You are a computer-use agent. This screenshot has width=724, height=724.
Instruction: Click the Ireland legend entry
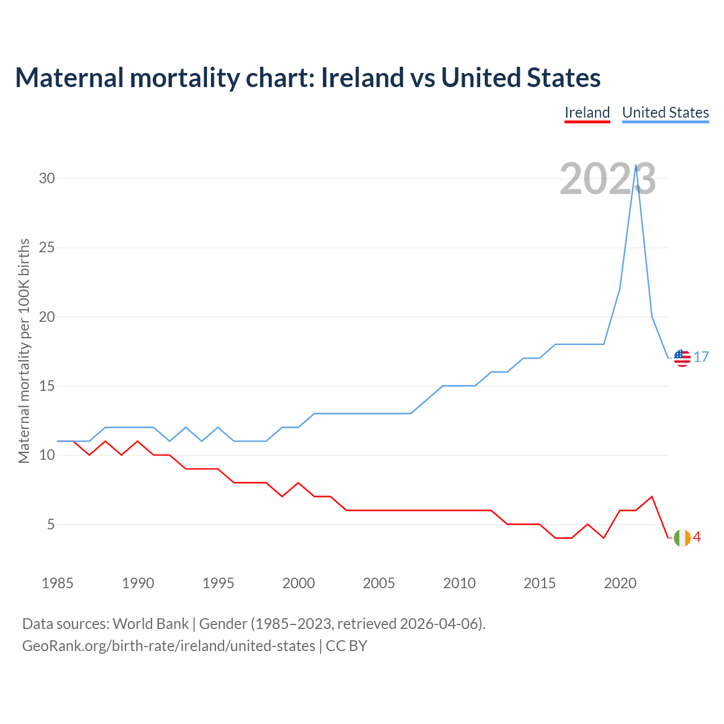pos(587,113)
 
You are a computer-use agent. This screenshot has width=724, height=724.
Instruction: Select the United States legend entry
pos(665,113)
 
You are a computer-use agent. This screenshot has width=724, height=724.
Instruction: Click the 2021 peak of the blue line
pos(636,165)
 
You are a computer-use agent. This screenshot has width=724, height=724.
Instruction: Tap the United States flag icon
pos(682,358)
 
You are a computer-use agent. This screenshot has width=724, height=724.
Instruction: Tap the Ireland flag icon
pos(682,538)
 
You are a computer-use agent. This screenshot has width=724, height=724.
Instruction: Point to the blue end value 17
pos(701,357)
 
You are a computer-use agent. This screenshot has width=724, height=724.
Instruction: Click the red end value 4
pos(697,537)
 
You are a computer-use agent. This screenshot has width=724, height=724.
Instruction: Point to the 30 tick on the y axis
pos(47,179)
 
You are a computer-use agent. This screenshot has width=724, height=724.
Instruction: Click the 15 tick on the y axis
pos(47,386)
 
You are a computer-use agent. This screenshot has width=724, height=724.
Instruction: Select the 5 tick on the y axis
pos(51,525)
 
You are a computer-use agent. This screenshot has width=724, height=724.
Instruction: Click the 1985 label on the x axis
pos(58,583)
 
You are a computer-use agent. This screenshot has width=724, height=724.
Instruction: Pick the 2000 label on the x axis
pos(299,583)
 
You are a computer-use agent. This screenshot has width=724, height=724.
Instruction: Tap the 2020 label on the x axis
pos(620,583)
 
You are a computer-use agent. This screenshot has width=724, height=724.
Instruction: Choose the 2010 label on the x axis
pos(459,583)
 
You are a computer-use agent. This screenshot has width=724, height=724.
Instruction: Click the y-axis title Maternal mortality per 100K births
pos(24,351)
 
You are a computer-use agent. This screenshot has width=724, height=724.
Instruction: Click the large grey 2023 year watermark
pos(607,179)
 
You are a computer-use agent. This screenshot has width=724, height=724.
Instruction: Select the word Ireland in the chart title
pos(363,77)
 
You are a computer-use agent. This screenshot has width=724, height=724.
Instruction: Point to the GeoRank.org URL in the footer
pos(169,645)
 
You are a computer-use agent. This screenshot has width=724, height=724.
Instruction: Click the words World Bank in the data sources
pos(150,624)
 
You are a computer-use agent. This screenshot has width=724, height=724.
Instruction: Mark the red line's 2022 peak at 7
pos(652,497)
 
